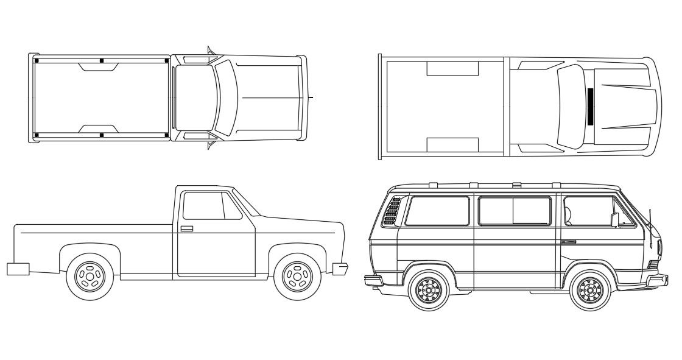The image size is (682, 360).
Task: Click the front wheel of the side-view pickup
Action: (x=298, y=277)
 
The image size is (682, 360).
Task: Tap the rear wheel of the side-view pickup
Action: (x=90, y=277)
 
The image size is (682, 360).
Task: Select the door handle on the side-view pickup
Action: (x=187, y=228)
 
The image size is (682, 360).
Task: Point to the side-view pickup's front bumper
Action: (x=340, y=268)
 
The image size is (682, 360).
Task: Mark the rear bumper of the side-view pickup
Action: (x=18, y=269)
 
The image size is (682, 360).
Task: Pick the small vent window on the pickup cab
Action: (x=232, y=206)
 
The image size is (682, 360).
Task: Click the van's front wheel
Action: (x=590, y=290)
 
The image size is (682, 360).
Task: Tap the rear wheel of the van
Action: (x=429, y=290)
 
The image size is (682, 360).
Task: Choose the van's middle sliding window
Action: (x=515, y=211)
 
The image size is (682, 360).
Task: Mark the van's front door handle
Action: (x=569, y=242)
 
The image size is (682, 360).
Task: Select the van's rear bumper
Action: (x=373, y=280)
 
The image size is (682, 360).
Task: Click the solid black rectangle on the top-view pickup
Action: (x=590, y=107)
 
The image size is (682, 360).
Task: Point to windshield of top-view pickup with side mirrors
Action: (x=226, y=97)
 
